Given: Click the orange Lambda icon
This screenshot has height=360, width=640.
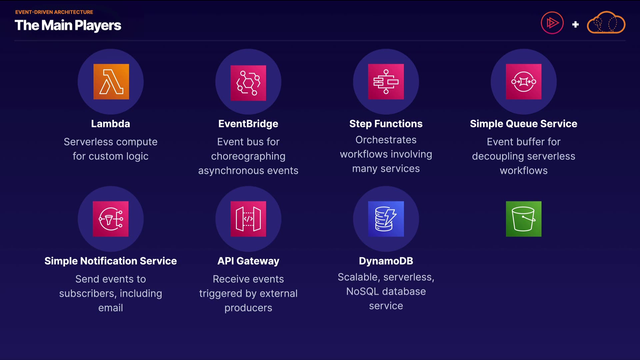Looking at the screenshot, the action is (111, 82).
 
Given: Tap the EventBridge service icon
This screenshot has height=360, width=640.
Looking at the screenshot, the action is (248, 83).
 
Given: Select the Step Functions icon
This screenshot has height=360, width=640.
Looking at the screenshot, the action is (386, 82).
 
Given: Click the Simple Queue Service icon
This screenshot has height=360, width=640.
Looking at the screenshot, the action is (524, 82).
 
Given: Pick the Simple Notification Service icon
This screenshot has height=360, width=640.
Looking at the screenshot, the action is (111, 219).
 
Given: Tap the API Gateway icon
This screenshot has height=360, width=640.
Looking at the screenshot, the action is (248, 219).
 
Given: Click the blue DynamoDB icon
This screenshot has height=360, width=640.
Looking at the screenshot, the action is (386, 219).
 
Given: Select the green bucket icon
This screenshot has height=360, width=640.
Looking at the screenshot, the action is (524, 219).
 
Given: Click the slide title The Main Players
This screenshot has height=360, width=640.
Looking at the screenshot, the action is (68, 26).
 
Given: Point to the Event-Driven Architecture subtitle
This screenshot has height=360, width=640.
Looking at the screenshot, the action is (54, 12).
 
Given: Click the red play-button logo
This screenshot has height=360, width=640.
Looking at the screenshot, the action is (552, 23).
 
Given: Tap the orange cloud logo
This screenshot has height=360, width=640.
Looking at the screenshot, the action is (606, 23).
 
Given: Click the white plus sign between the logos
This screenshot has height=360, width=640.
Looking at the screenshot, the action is (575, 24).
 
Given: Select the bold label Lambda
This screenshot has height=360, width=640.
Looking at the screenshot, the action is (111, 124).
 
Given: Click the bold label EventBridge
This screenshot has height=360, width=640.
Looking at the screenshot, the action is (248, 124).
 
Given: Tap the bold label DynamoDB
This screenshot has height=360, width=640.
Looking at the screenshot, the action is (386, 261).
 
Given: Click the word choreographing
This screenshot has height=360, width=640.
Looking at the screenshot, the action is (248, 156).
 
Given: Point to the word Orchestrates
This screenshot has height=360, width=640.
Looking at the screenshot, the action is (386, 140).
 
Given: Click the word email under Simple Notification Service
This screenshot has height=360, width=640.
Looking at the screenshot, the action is (111, 308).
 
